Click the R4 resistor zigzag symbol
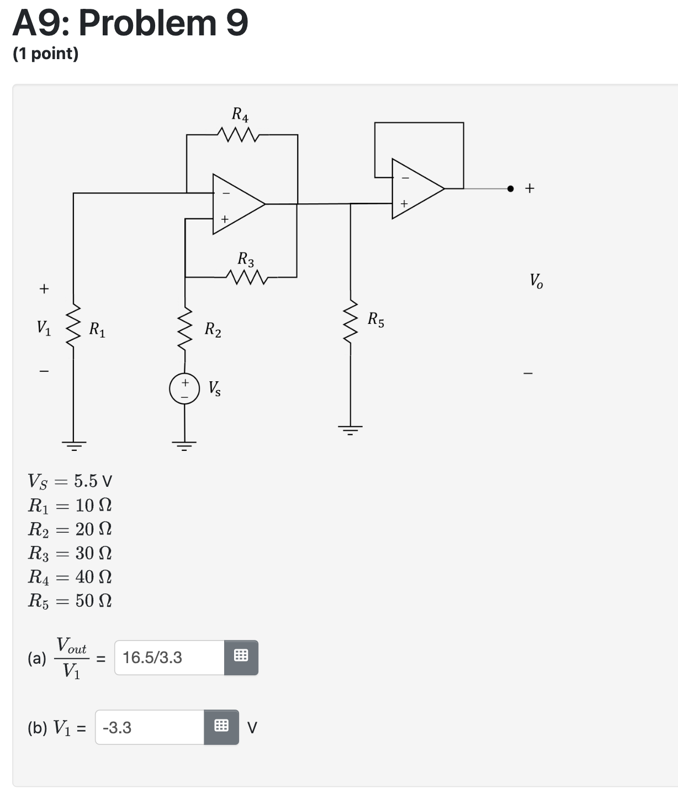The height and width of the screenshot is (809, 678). coord(237,134)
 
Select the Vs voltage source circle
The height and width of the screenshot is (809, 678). coord(184,389)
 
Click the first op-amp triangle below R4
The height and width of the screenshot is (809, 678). coord(236,204)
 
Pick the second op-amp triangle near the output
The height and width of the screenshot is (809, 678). coord(416,189)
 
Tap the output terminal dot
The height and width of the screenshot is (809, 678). coord(511,188)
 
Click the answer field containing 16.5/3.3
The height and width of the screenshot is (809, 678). coord(169,658)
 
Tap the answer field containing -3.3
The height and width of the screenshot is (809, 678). coord(150,727)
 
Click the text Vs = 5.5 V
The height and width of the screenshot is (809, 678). coord(70,481)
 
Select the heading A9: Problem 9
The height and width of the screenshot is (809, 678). coord(130,23)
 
